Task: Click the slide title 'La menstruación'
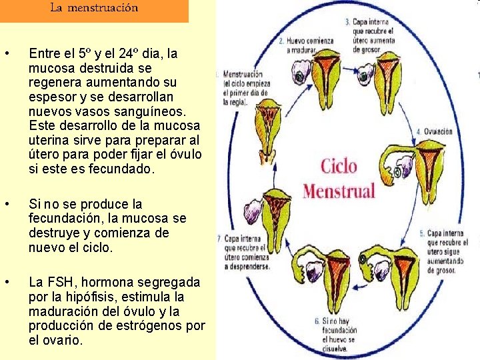pos(94,9)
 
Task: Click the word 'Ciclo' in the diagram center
pos(339,166)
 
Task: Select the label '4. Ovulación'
pos(434,131)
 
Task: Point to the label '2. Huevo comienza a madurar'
pos(306,45)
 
